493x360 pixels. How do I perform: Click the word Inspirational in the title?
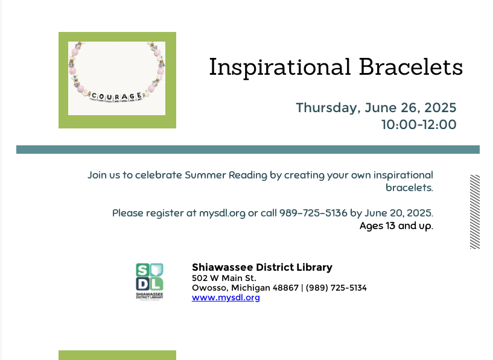pos(280,68)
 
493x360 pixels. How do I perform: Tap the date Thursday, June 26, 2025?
pos(375,108)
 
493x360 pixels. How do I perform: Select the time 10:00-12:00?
pos(418,125)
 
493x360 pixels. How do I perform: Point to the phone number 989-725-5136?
pos(313,213)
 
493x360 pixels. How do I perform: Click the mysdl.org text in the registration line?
pos(222,213)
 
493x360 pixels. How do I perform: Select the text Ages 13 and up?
pos(396,226)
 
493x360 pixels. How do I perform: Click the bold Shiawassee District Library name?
pos(262,267)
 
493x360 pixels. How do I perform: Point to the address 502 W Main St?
pos(224,278)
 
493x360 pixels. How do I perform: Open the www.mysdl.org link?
pos(226,297)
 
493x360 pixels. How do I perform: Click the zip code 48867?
pos(285,288)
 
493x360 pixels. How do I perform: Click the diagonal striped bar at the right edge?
pos(475,212)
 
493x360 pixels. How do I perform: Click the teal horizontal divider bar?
pos(247,150)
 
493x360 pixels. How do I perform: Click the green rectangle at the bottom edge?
pos(117,355)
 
